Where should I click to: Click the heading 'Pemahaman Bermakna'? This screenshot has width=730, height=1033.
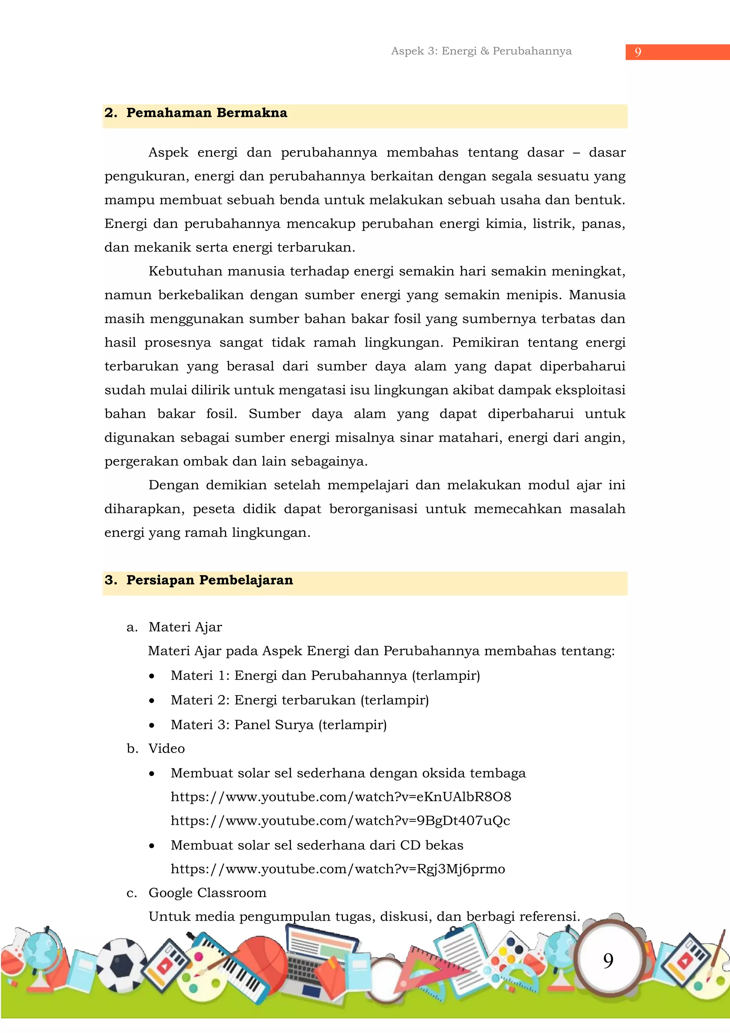(206, 113)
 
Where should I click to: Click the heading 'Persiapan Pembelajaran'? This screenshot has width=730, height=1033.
(209, 581)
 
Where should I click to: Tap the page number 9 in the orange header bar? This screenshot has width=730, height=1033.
(637, 52)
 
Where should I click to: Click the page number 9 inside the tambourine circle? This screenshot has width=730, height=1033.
(608, 961)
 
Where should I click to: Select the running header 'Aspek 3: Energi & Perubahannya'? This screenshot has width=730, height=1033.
(481, 51)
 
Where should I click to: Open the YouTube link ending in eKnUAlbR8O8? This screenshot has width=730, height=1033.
(340, 797)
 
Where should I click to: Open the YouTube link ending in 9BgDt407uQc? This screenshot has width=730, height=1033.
(340, 820)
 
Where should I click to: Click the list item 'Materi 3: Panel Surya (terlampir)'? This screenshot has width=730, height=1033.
(278, 725)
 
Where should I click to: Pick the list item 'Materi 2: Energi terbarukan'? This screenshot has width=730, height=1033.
(299, 700)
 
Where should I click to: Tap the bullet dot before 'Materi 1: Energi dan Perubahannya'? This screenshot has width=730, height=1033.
(152, 676)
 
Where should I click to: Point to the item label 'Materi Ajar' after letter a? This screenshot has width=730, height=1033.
(185, 627)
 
